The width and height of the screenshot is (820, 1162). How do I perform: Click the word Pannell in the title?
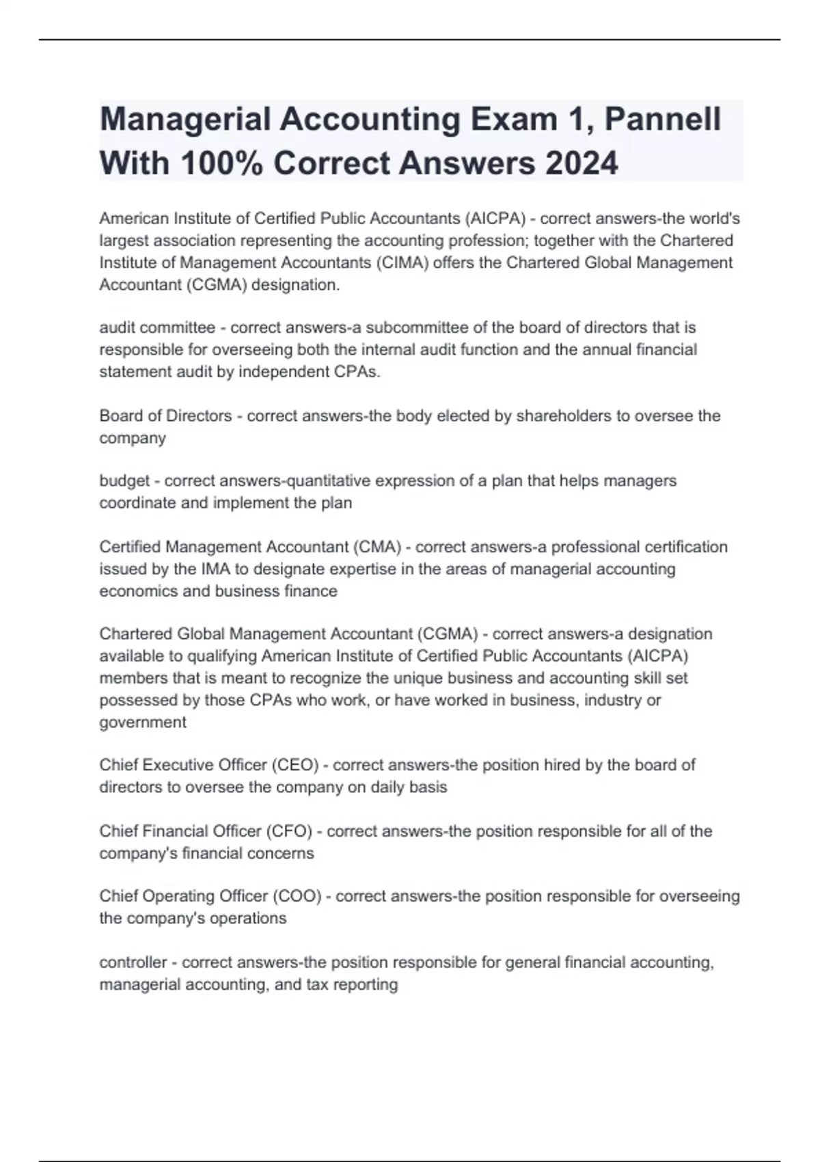point(663,120)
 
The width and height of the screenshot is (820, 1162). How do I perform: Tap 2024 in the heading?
point(582,163)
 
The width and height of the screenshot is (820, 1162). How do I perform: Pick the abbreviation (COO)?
point(297,896)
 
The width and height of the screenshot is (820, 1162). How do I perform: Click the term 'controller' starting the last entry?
point(133,962)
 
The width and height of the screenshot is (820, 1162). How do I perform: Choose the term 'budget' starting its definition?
point(124,481)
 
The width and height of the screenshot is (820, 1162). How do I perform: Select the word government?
point(142,722)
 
